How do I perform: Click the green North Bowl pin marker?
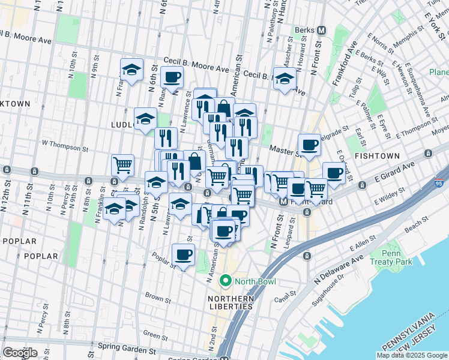[x=226, y=280]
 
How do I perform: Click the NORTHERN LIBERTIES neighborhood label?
[x=230, y=302]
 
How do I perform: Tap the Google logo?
[x=20, y=353]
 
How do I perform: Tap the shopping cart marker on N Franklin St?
[x=122, y=165]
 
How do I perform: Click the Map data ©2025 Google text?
[x=412, y=355]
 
